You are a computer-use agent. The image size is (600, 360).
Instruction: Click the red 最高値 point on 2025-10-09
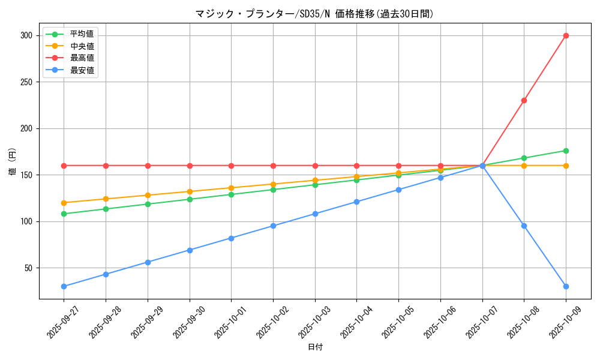[x=566, y=35]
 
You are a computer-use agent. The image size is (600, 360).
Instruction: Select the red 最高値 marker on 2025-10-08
[x=524, y=100]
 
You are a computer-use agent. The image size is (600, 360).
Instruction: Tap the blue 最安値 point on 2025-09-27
[x=64, y=286]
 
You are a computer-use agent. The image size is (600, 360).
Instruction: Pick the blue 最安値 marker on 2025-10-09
[x=566, y=286]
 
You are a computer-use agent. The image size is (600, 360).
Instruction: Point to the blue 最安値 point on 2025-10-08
[x=524, y=226]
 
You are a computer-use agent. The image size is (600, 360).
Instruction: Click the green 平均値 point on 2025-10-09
[x=566, y=151]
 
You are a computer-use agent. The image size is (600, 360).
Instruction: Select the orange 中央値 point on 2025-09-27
[x=64, y=203]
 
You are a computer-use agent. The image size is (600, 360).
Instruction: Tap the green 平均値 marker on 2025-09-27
[x=64, y=214]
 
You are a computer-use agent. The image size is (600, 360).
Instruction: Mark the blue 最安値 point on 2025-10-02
[x=273, y=226]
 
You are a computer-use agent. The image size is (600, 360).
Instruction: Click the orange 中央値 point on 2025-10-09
[x=566, y=166]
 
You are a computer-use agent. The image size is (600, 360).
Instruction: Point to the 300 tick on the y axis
[x=26, y=35]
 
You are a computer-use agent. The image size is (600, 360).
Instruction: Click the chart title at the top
[x=314, y=13]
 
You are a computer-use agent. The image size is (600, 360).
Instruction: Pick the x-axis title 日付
[x=314, y=347]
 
